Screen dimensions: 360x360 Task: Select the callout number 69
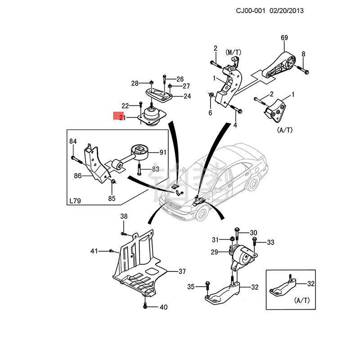click(284, 37)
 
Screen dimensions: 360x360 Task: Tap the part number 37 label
click(182, 271)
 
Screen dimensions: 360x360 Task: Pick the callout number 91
click(163, 153)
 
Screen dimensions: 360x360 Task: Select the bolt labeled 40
click(145, 306)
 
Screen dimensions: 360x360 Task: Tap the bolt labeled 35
click(207, 285)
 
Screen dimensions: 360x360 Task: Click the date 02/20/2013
click(286, 10)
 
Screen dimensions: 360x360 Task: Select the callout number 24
click(187, 96)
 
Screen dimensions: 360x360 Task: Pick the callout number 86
click(78, 176)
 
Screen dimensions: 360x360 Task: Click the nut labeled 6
click(211, 95)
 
